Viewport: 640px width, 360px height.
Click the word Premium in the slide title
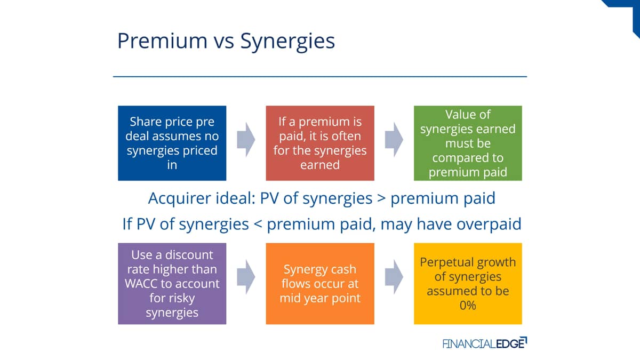click(162, 41)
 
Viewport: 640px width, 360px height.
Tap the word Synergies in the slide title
click(287, 42)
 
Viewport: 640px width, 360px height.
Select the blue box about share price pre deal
click(172, 143)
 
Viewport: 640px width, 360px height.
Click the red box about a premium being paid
click(320, 143)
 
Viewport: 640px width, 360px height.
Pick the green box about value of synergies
click(468, 143)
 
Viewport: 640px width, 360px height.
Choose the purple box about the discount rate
click(172, 284)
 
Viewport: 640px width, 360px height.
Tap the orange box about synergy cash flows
click(320, 284)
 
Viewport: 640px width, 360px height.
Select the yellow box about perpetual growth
click(468, 284)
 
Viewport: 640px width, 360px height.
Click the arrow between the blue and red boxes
click(246, 140)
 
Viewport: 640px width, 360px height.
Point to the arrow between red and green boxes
click(394, 140)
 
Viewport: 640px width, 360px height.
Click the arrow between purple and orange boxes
click(246, 277)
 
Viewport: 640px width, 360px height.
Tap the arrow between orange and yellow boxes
click(394, 277)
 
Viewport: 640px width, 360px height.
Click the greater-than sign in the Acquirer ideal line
click(381, 198)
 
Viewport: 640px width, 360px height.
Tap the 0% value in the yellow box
click(468, 306)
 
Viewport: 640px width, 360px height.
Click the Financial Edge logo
click(485, 343)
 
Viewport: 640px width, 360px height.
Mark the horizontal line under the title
click(320, 77)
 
